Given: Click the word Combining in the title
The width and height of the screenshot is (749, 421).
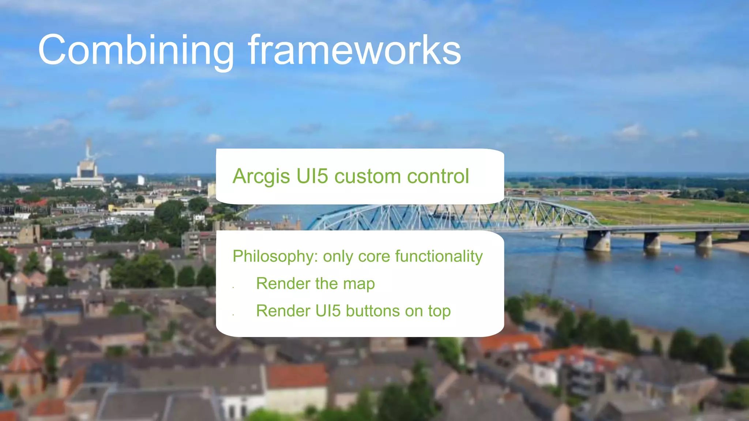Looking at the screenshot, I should coord(135,50).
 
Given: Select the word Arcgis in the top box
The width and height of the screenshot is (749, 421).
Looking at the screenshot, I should coord(261,177).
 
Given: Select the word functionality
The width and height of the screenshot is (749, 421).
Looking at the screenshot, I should coord(439,257).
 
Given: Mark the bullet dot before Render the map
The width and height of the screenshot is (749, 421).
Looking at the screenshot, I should coord(233,288).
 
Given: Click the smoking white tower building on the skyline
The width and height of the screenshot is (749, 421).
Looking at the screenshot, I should coord(87,168).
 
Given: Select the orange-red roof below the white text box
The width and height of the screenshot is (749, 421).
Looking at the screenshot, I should coord(297,376).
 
